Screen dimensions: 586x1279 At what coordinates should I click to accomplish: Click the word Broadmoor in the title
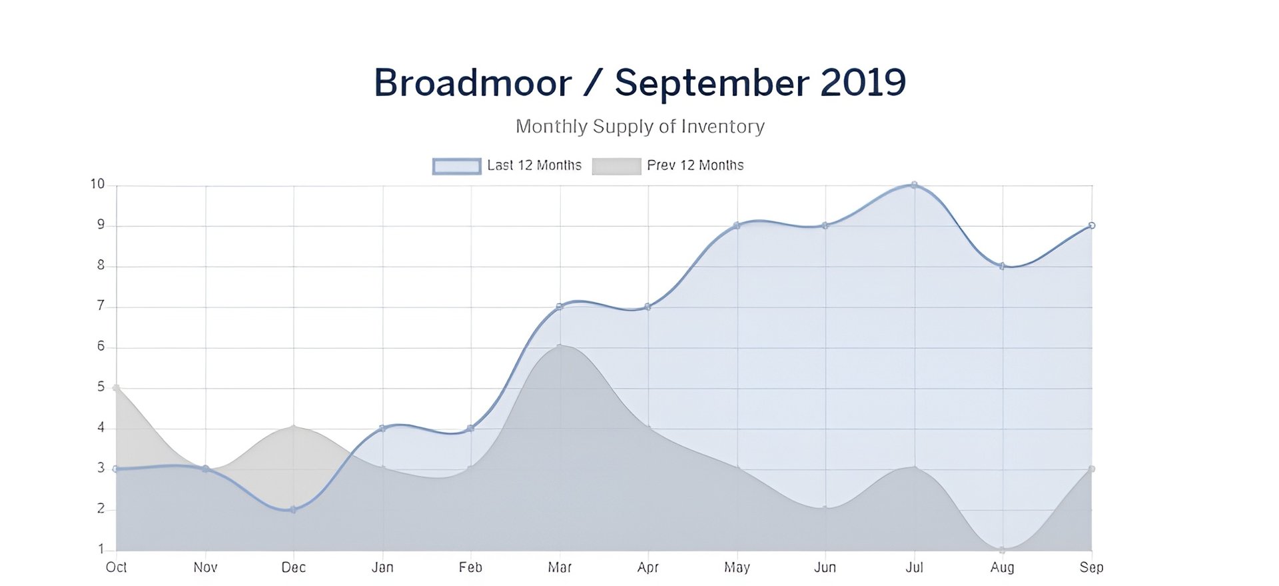coord(472,83)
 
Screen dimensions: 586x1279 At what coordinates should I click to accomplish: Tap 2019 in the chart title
coord(863,83)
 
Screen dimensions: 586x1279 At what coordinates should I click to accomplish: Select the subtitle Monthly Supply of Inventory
coord(639,127)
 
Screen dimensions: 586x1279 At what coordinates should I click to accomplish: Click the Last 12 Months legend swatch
coord(456,166)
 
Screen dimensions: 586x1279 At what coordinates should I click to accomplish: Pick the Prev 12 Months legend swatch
coord(616,166)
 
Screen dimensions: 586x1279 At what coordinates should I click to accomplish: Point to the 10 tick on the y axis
coord(97,185)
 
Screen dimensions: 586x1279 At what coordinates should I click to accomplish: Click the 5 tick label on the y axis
coord(101,387)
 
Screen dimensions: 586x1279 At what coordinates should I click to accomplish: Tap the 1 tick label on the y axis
coord(101,549)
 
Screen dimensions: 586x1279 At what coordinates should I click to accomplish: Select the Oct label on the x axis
coord(117,567)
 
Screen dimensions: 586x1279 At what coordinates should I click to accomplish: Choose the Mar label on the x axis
coord(560,567)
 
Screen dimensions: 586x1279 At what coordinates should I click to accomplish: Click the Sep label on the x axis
coord(1091,567)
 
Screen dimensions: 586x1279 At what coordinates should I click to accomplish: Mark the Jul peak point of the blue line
coord(914,185)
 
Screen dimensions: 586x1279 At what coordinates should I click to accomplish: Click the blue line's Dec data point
coord(293,510)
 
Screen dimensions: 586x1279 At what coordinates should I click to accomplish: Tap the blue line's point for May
coord(737,225)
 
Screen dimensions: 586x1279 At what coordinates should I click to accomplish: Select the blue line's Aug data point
coord(1002,266)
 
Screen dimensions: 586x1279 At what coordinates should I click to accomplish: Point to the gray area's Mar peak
coord(560,346)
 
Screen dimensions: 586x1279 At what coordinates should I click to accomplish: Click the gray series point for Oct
coord(117,387)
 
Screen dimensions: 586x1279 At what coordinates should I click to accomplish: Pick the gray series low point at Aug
coord(1002,550)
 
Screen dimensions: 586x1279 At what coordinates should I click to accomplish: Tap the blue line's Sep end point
coord(1092,225)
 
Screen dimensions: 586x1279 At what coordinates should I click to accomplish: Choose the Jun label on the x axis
coord(825,567)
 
